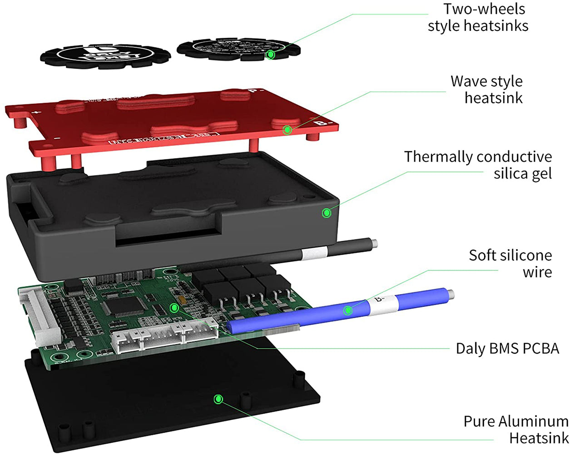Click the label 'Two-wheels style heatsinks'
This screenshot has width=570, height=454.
tap(478, 17)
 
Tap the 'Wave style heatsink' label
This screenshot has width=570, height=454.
tap(487, 89)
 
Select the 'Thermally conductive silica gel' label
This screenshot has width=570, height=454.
tap(478, 165)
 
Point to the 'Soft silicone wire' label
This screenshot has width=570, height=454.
tap(510, 263)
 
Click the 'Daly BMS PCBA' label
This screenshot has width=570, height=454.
tap(507, 348)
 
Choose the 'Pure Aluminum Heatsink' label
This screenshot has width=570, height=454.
tap(516, 429)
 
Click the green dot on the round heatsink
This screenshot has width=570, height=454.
tap(271, 54)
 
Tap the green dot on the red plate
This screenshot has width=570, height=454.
tap(287, 130)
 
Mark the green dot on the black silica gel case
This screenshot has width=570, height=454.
tap(326, 212)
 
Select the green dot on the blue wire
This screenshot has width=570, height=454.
tap(348, 311)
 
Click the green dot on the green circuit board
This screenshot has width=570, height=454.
tap(174, 308)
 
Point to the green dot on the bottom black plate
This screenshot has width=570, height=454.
tap(218, 399)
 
